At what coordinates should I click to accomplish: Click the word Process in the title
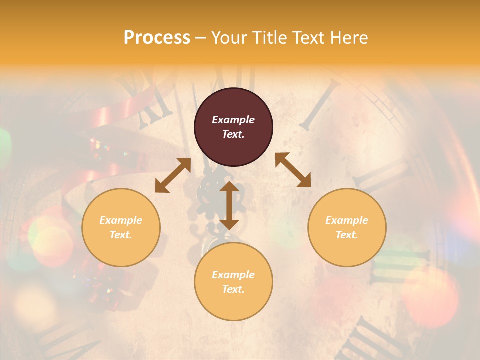click(157, 38)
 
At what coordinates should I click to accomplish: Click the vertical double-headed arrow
click(229, 205)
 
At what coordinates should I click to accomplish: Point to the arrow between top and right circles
click(293, 170)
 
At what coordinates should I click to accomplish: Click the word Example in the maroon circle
click(233, 120)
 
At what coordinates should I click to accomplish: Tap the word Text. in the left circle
click(121, 235)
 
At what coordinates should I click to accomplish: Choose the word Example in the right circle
click(347, 220)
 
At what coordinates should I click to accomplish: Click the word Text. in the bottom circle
click(233, 289)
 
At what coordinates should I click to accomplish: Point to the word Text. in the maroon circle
click(233, 134)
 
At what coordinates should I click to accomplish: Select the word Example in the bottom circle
click(233, 275)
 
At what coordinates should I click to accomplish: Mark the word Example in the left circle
click(121, 220)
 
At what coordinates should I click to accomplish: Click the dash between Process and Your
click(201, 38)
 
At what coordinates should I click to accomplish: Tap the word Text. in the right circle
click(347, 235)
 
